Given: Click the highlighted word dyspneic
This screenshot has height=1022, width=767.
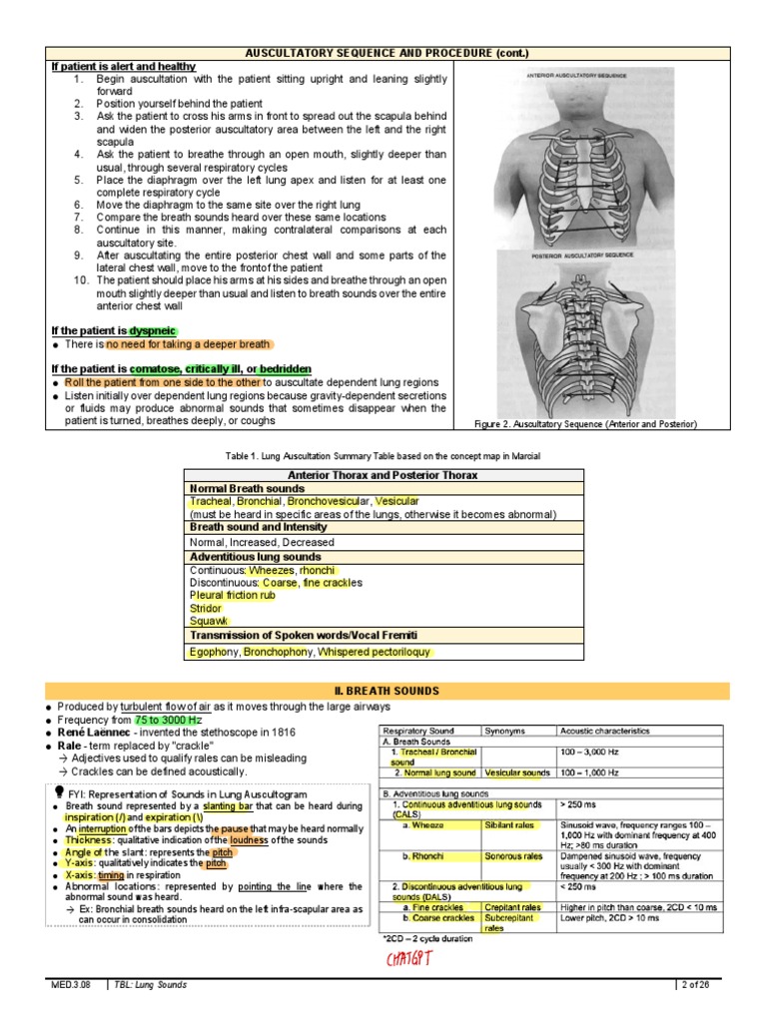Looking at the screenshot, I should (x=152, y=330).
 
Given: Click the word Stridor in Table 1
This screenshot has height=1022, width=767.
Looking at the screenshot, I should (x=207, y=607).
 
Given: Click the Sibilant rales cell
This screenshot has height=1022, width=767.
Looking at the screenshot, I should (x=509, y=825).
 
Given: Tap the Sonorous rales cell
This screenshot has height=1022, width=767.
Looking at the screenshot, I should (x=513, y=856).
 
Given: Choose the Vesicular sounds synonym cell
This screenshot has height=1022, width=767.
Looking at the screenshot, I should (x=517, y=772).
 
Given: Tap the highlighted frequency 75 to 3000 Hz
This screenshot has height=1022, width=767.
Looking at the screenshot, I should (x=169, y=720).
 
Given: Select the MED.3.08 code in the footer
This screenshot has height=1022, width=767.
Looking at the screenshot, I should (x=71, y=985).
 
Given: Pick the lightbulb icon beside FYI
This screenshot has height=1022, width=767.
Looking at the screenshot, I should (x=61, y=791).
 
